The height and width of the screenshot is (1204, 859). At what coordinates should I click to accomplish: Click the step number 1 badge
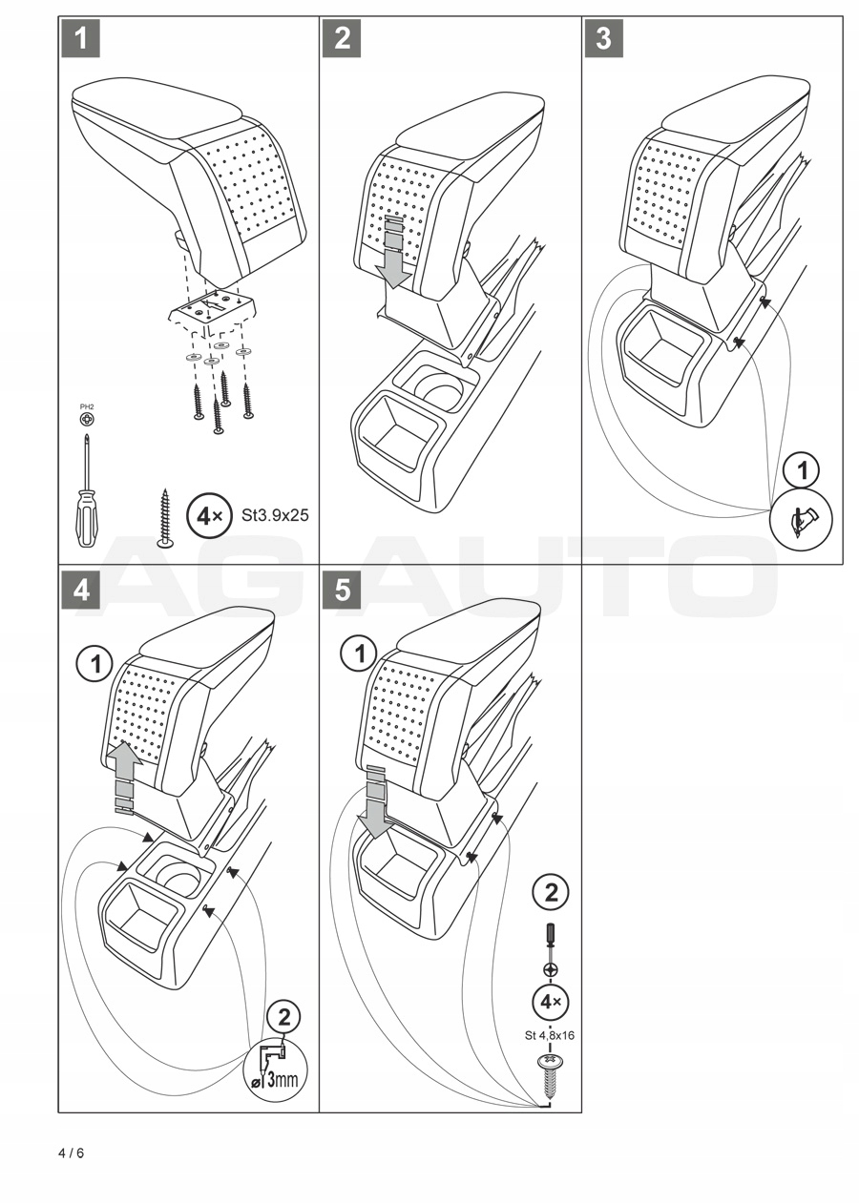click(x=81, y=39)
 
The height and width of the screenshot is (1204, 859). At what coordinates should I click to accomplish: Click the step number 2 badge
click(x=342, y=39)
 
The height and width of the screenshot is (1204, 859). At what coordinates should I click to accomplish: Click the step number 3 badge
click(x=603, y=39)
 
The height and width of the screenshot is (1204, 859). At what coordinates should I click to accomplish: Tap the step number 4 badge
click(x=81, y=590)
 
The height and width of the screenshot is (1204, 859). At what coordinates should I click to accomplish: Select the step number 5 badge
click(x=342, y=590)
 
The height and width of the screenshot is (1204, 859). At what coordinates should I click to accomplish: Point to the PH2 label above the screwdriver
click(x=87, y=407)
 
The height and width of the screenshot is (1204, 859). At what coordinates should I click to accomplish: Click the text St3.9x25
click(x=276, y=516)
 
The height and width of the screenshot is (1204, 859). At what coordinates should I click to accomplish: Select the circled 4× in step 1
click(x=207, y=516)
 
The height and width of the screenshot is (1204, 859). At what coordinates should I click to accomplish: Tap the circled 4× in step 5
click(x=551, y=1003)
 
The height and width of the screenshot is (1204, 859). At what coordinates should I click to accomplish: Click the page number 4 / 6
click(x=72, y=1153)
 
